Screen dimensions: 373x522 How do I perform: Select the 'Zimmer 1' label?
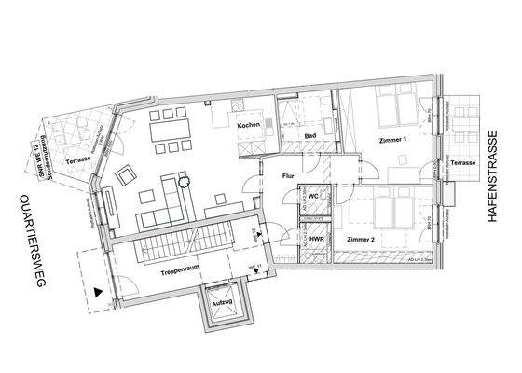point(393,140)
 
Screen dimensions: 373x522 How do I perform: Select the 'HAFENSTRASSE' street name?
point(493,186)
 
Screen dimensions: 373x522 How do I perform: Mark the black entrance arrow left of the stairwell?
point(99,290)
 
